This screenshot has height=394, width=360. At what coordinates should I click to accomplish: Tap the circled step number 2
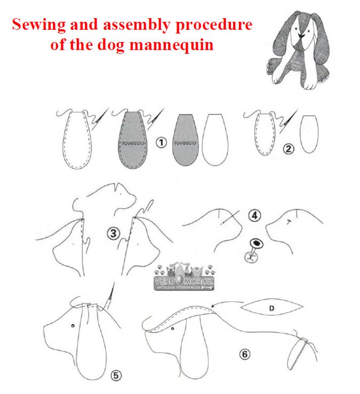tap(288, 148)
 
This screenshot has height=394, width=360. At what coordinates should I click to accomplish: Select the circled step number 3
tap(113, 234)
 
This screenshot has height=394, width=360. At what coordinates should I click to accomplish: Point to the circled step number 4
tap(255, 216)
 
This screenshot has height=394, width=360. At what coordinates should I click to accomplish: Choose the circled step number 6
tap(244, 354)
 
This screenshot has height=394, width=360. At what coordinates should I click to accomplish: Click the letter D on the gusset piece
tap(272, 308)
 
